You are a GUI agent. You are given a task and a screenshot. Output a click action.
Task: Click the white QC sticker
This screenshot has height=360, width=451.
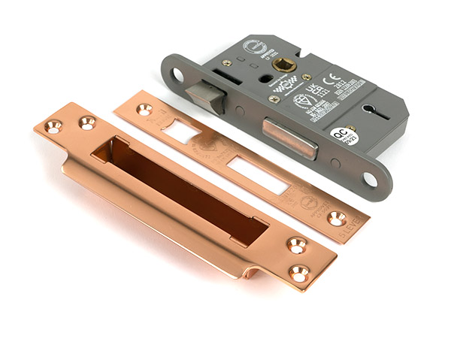point(344,136)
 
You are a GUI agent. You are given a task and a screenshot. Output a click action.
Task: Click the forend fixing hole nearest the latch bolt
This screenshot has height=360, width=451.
point(177,74)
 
